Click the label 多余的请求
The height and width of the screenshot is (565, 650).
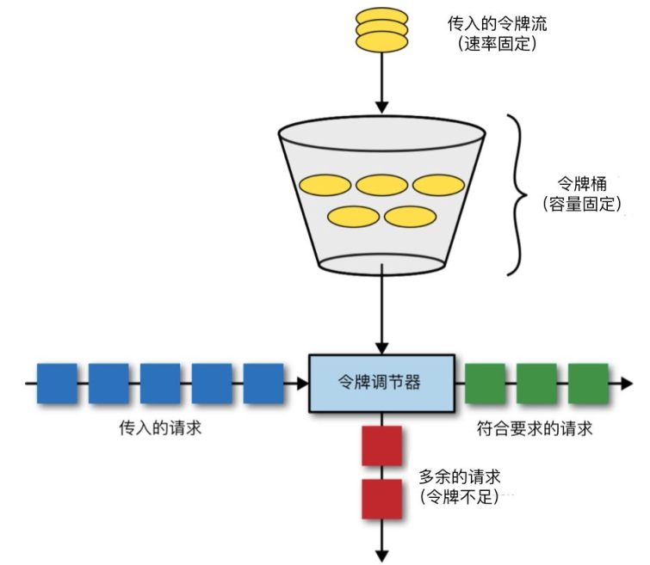[x=460, y=476]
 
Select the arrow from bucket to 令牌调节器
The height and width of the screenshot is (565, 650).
[x=381, y=310]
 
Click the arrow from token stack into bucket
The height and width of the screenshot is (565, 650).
[x=381, y=82]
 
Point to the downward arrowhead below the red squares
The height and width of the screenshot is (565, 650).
[x=381, y=554]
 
